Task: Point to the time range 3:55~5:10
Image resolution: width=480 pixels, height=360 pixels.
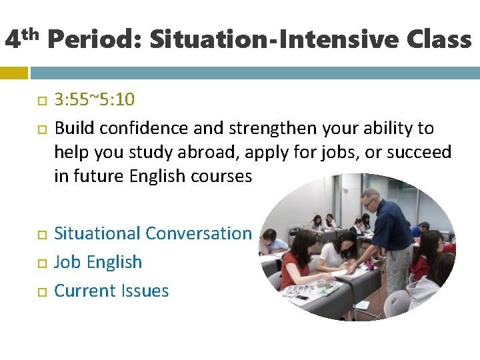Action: tap(94, 100)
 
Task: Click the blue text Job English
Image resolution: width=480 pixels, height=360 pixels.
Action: tap(98, 262)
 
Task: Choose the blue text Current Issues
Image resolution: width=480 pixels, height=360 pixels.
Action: tap(111, 291)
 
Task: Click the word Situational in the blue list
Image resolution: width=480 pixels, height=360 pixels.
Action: tap(97, 233)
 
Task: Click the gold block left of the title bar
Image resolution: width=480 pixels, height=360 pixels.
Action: tap(13, 72)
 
